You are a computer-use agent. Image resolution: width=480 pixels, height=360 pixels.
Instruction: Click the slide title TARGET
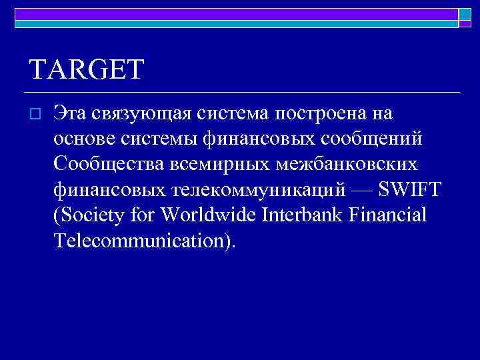click(87, 69)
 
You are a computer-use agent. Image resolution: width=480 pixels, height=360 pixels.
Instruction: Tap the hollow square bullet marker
click(37, 115)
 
